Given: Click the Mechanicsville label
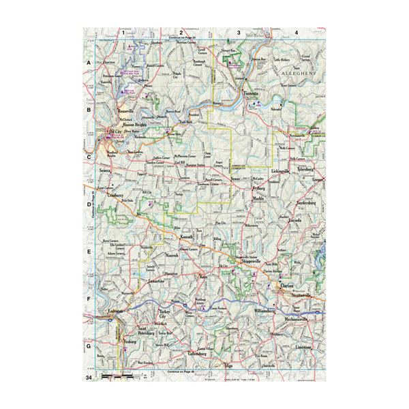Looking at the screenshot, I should pyautogui.click(x=301, y=319).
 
